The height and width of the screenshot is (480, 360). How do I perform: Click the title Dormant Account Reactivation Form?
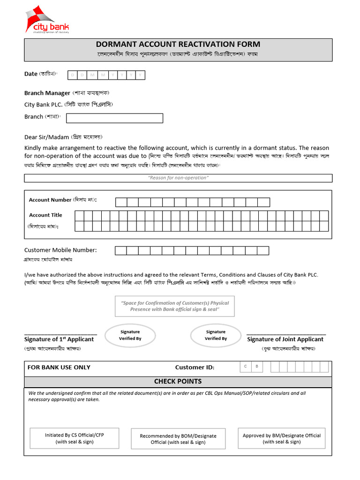point(178,45)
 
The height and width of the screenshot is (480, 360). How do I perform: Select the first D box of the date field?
point(73,75)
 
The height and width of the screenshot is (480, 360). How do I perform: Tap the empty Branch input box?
point(115,118)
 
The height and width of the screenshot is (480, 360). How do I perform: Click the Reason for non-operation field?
point(178,178)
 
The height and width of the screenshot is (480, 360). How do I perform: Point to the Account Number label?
point(50,200)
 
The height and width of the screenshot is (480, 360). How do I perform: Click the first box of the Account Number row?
point(121,202)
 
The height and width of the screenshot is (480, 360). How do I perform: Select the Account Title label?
point(45,215)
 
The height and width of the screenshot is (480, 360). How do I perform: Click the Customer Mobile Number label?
point(60,250)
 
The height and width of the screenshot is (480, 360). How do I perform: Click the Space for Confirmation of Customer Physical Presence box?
point(175,306)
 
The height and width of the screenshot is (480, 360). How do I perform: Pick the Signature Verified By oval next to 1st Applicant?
point(130,335)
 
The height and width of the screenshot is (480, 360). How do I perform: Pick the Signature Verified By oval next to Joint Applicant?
point(216,335)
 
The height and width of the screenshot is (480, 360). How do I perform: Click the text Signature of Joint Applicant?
point(285,339)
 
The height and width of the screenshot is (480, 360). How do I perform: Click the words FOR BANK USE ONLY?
point(59,367)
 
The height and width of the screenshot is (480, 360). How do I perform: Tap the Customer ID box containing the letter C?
point(245,367)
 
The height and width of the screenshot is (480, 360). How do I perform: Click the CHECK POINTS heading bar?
point(178,382)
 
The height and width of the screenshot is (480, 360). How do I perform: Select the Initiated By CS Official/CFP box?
point(75,438)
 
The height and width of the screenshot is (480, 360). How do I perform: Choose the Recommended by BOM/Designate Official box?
point(178,439)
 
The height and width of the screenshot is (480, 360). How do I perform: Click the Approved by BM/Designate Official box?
point(282,438)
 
